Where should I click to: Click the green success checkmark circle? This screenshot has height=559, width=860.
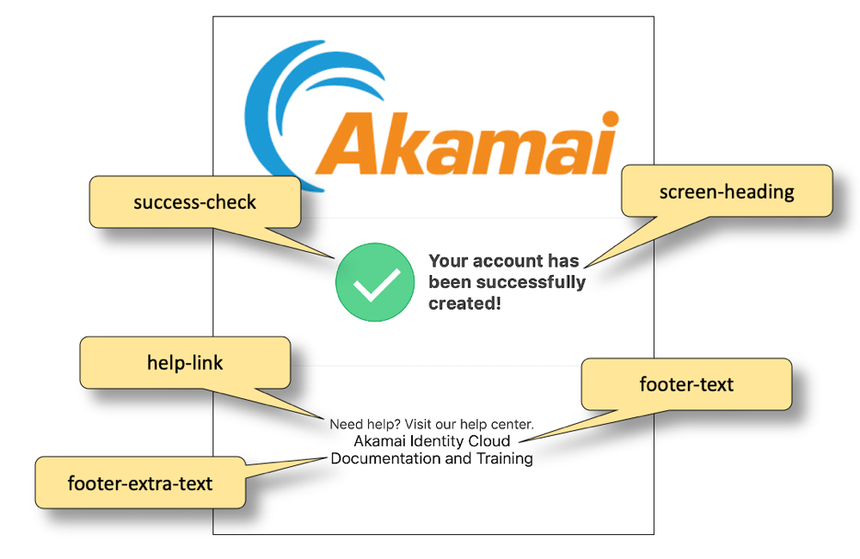coord(375,283)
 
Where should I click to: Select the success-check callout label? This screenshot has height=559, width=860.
coord(195,203)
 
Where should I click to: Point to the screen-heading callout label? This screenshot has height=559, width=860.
coord(727,191)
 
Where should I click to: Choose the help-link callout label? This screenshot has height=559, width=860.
coord(185,363)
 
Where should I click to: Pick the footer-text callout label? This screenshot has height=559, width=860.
coord(686,384)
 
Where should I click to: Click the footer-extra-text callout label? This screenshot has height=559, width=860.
coord(140,482)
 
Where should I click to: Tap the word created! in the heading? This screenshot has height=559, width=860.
coord(464,304)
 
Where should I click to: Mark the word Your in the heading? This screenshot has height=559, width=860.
coord(447,261)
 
